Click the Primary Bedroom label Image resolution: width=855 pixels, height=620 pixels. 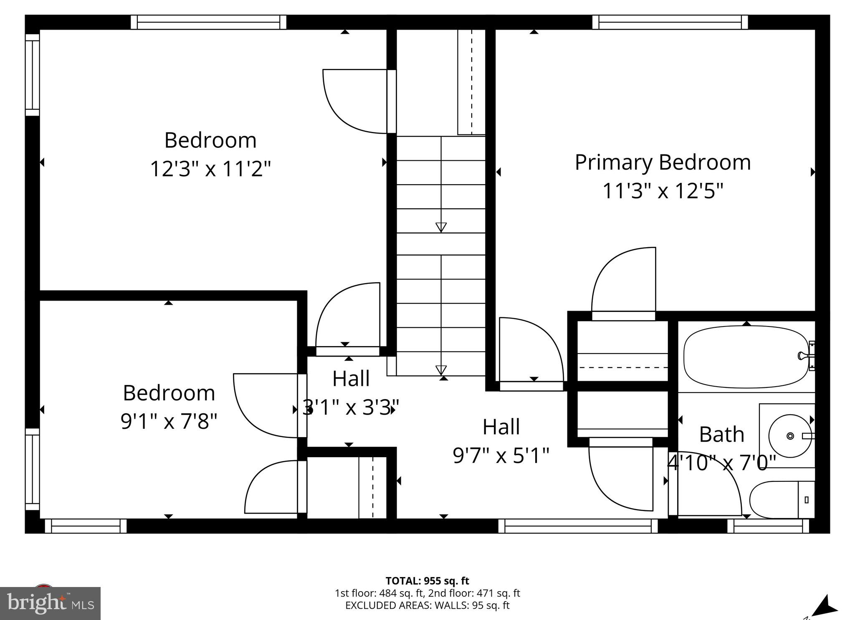[663, 162]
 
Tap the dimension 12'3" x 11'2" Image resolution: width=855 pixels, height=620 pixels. [210, 169]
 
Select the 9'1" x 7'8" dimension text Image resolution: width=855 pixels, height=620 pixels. [169, 421]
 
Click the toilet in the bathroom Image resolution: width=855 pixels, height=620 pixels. [781, 500]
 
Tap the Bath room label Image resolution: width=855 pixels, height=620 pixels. [721, 434]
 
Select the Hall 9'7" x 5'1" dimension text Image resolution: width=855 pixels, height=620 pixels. [501, 456]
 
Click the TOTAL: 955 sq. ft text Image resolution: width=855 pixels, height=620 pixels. [427, 581]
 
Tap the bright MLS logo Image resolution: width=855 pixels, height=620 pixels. [50, 603]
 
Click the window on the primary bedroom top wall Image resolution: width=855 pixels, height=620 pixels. [670, 22]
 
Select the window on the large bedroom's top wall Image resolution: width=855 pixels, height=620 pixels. [208, 22]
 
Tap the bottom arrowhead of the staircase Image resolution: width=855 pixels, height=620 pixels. [441, 370]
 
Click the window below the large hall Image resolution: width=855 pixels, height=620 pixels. [578, 526]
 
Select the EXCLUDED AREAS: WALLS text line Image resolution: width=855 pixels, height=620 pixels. [427, 605]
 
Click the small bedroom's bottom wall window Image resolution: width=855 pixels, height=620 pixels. [86, 526]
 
